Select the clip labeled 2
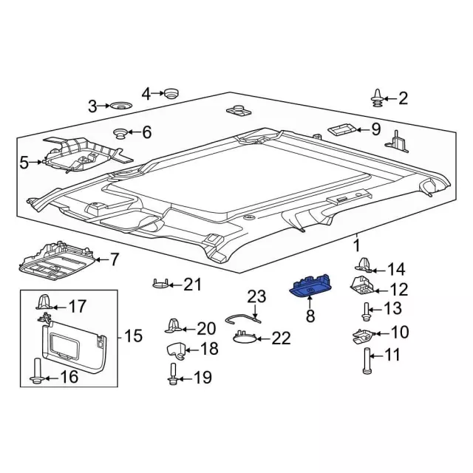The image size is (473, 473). pyautogui.click(x=378, y=97)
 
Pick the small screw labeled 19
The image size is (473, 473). pyautogui.click(x=173, y=374)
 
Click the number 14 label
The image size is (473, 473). pyautogui.click(x=397, y=268)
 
